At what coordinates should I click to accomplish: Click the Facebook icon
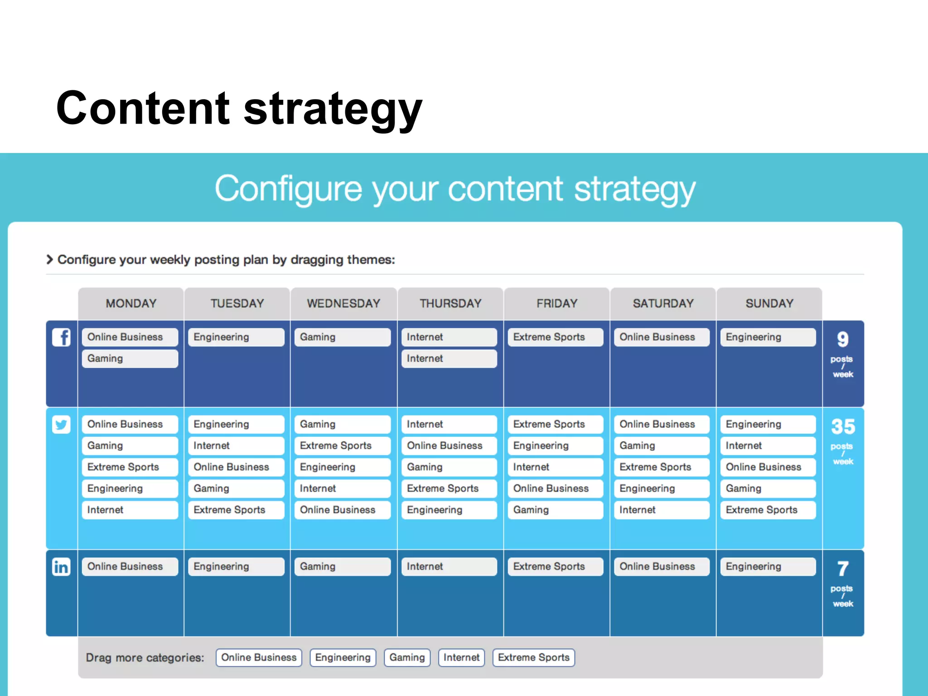coord(61,338)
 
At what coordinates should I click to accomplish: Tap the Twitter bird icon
coord(61,425)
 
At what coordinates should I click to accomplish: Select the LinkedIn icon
coord(61,567)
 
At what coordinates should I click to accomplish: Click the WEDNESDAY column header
coord(343,304)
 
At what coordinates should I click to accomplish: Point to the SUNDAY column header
coord(769,304)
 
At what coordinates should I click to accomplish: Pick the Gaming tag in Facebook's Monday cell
coord(130,358)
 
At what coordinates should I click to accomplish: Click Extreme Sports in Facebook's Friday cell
coord(555,337)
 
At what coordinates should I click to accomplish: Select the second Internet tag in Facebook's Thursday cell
coord(449,358)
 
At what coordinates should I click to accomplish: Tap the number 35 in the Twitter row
coord(843,426)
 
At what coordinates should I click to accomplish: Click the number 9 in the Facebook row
coord(843,339)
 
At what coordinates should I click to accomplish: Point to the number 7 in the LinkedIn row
coord(843,569)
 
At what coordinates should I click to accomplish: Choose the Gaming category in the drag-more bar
coord(407,657)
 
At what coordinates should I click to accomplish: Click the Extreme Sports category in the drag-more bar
coord(533,657)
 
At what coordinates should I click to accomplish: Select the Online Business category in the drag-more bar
coord(259,657)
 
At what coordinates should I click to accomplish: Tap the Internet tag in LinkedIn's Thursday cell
coord(449,566)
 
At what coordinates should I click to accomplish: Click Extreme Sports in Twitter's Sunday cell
coord(768,510)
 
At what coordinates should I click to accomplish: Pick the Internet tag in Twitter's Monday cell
coord(130,510)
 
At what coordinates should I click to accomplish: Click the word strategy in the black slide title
coord(333,109)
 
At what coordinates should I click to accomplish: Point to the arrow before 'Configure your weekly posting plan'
coord(50,260)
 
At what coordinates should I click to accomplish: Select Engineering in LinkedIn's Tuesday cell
coord(236,566)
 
